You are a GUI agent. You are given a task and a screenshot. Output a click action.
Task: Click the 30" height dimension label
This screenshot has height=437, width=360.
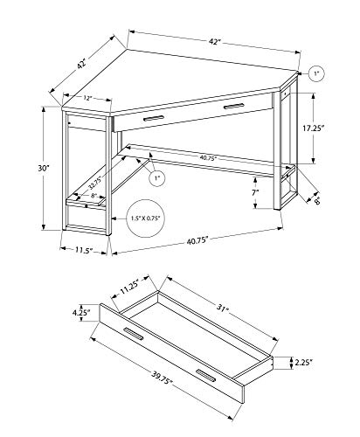point(44,168)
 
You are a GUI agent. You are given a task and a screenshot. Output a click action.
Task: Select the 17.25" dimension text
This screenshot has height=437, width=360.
point(313,128)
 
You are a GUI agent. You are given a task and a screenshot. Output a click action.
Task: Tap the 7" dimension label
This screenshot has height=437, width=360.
point(255,192)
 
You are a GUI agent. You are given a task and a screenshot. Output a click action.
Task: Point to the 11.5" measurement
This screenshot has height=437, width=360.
point(84,250)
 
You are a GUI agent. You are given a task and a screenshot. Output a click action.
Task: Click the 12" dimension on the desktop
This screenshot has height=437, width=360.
point(87,98)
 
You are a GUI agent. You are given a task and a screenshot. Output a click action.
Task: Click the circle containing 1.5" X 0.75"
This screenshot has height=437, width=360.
point(145,218)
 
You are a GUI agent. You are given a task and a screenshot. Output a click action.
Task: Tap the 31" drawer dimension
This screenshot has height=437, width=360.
point(222,308)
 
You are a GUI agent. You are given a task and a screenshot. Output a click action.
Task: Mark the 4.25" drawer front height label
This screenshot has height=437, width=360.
point(81,313)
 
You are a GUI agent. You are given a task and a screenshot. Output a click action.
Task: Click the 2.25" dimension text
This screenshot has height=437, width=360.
point(304,363)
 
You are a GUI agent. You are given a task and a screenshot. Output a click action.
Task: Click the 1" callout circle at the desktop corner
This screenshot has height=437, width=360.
point(316,74)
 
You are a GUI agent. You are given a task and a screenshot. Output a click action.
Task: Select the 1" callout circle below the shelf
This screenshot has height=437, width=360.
point(157,177)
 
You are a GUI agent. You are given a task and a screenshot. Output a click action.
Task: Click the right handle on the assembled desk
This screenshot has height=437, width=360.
point(234,106)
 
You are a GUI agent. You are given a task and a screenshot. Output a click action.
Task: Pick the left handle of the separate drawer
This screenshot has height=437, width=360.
point(134,334)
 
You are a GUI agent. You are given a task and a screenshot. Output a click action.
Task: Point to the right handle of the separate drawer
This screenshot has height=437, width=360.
point(205,376)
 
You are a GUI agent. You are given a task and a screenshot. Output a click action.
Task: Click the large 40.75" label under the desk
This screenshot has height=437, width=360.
point(197,240)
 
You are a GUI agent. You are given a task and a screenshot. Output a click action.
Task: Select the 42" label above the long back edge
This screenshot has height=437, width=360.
point(213,42)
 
